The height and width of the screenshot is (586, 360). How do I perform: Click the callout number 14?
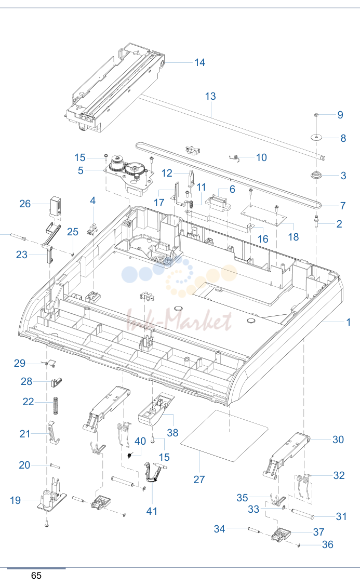[199, 62]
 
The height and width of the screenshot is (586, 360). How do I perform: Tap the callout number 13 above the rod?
[210, 96]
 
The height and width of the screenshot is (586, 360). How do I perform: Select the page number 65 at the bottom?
[36, 575]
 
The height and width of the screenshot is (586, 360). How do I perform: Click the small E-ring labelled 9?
[316, 115]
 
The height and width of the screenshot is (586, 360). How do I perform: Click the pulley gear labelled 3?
[316, 175]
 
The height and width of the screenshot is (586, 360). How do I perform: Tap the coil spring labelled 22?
[56, 406]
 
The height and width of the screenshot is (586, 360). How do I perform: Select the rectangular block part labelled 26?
[56, 206]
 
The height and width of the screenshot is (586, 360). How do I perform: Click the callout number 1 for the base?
[349, 322]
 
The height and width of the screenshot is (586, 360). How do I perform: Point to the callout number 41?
[151, 511]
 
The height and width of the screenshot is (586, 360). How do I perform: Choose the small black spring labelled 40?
[130, 455]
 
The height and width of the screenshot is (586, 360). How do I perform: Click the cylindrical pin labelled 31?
[302, 513]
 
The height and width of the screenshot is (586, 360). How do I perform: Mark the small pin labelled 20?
[55, 465]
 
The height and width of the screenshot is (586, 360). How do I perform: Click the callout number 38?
[172, 432]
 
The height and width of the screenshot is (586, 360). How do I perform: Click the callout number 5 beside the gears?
[81, 170]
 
